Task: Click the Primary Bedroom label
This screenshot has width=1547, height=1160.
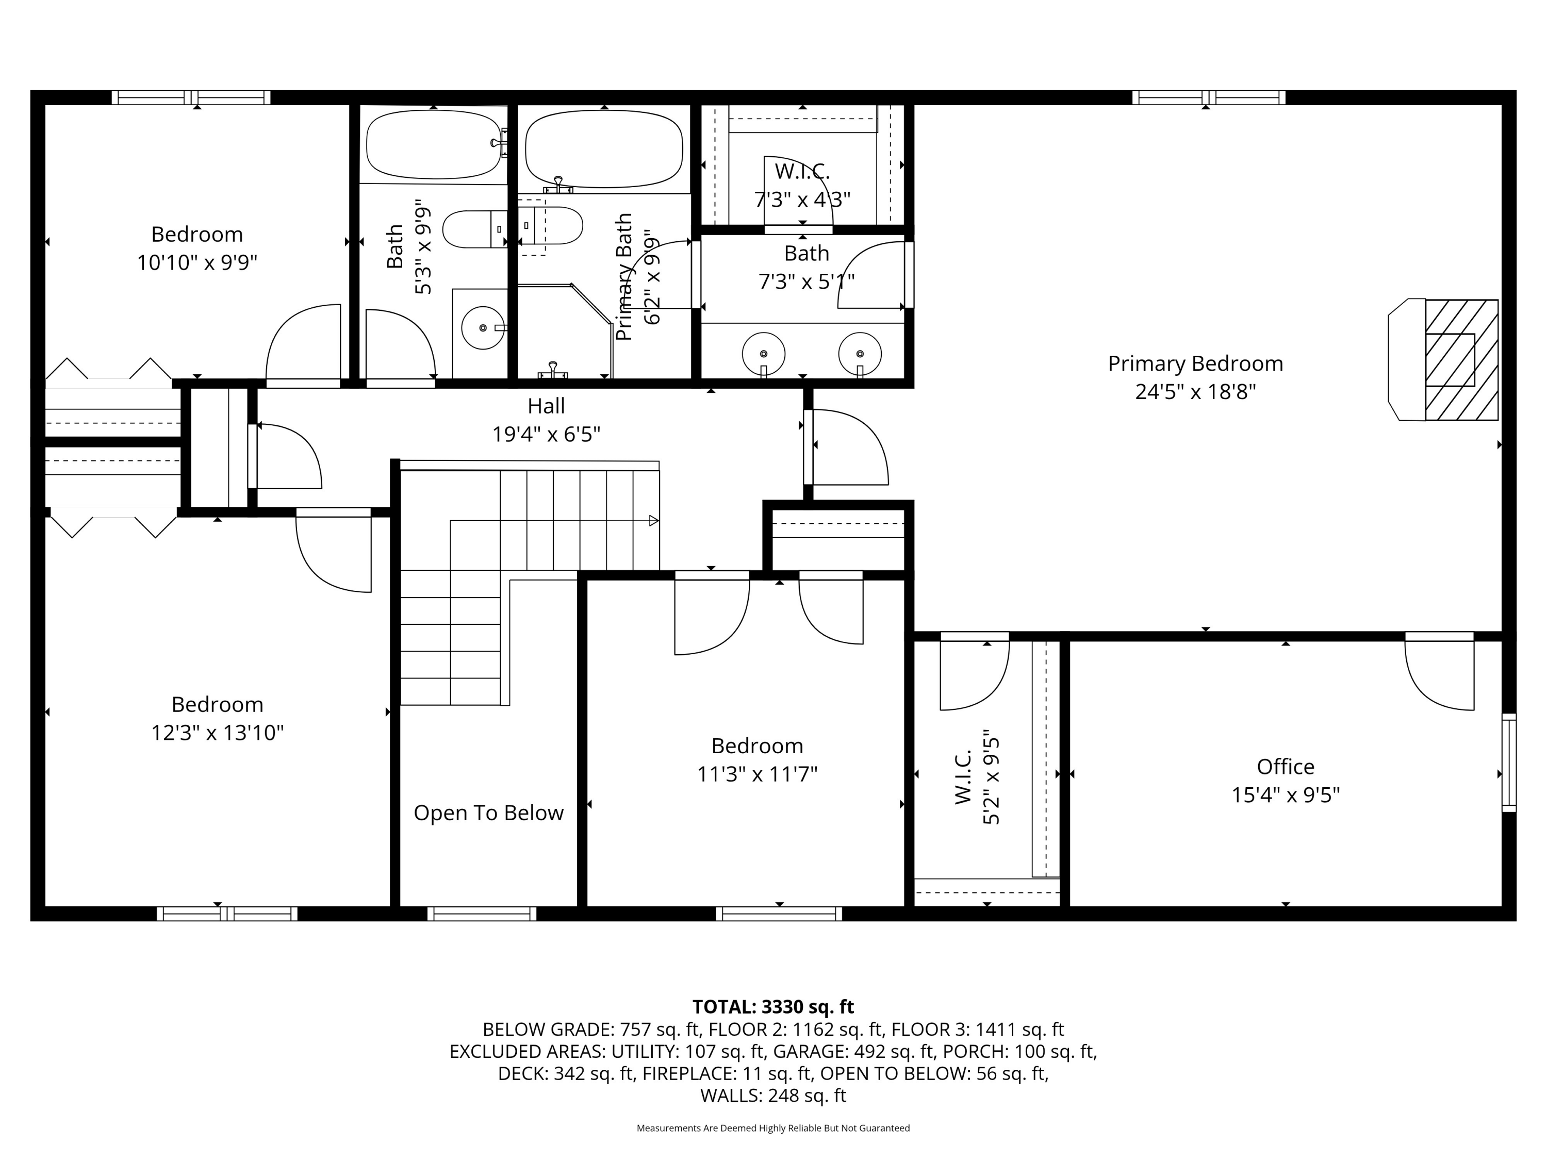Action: click(x=1195, y=363)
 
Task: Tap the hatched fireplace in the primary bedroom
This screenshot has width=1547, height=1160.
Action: click(x=1460, y=360)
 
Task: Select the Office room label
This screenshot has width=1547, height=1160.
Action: click(x=1286, y=767)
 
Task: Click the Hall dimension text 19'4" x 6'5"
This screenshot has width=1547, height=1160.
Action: click(x=546, y=435)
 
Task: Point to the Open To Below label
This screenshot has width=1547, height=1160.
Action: click(x=488, y=813)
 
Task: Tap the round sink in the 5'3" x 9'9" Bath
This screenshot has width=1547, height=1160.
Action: click(x=483, y=327)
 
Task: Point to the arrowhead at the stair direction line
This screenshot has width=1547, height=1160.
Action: click(x=654, y=520)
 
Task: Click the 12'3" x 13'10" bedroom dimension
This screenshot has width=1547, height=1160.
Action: click(x=218, y=733)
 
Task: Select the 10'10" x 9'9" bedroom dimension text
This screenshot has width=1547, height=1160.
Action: click(x=197, y=263)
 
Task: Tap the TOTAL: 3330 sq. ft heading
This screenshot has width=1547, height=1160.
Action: click(x=773, y=1007)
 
